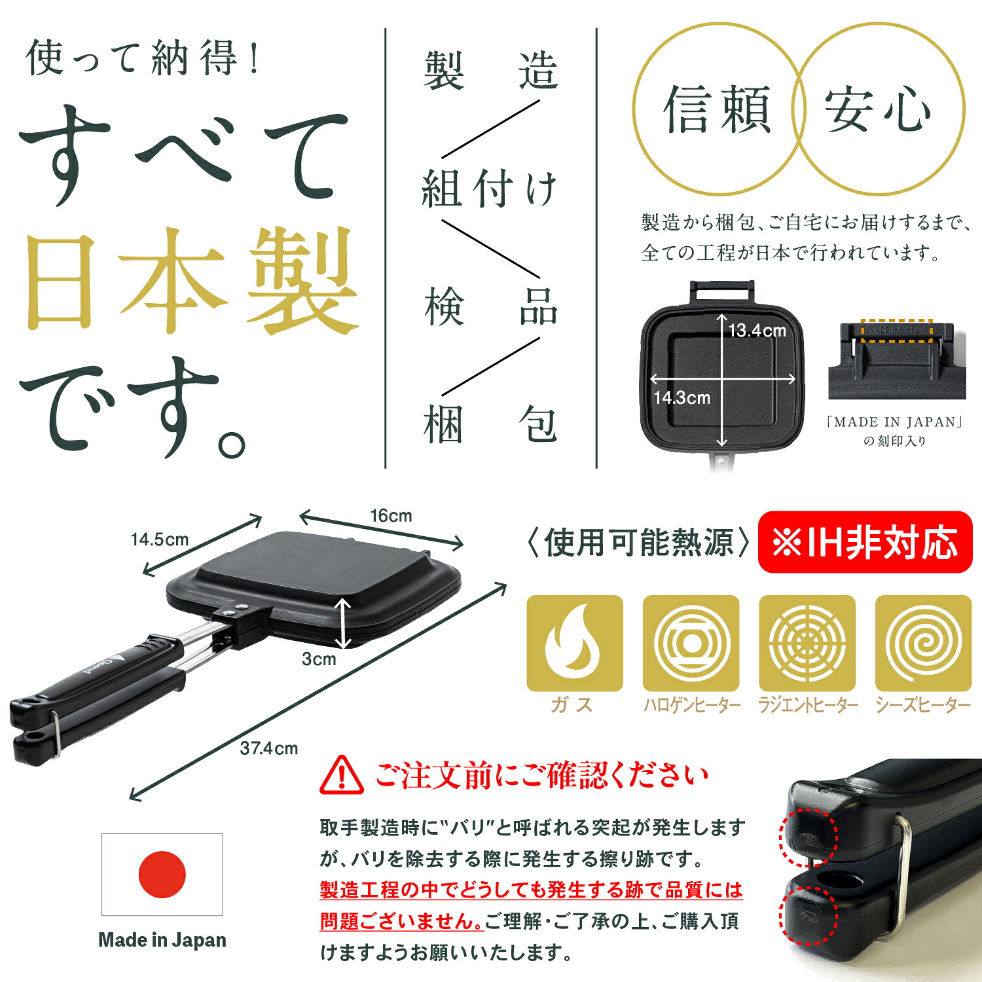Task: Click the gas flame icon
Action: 575,643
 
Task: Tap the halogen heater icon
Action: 691,643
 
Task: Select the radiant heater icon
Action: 807,643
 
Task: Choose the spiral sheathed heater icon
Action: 924,643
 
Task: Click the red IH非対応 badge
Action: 865,542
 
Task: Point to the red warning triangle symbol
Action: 342,775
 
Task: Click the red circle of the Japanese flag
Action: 162,875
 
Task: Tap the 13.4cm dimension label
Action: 757,331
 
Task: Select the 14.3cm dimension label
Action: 682,397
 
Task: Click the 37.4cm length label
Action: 268,748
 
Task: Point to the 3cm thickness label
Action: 319,659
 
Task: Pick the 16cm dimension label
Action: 391,516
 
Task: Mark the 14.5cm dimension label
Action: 159,539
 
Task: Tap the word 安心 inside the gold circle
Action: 877,110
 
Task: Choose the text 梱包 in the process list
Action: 490,424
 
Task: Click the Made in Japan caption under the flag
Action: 162,940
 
